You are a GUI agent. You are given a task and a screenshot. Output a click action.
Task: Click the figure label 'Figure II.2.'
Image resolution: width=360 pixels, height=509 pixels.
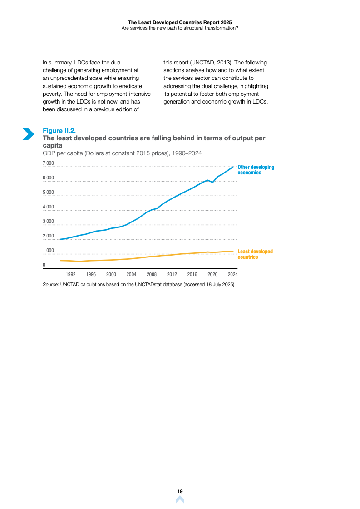tap(59, 131)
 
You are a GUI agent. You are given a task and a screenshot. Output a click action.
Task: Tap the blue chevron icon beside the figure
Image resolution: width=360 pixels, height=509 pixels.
tap(28, 134)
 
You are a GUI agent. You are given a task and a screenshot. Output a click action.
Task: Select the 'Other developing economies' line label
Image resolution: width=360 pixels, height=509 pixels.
tap(256, 170)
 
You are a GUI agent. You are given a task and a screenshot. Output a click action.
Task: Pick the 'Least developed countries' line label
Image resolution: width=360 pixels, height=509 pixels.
tap(255, 254)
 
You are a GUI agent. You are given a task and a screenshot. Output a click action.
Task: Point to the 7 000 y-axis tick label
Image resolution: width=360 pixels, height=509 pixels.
tap(48, 163)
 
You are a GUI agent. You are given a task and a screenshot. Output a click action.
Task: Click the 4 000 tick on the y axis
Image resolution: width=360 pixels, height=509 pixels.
tap(48, 207)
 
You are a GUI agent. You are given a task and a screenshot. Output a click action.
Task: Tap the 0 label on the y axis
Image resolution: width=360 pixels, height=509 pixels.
tap(44, 265)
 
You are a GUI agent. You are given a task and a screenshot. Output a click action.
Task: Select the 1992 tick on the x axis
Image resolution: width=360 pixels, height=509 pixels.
tap(70, 274)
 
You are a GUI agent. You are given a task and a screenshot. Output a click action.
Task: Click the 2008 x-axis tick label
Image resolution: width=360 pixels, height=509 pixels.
tap(152, 274)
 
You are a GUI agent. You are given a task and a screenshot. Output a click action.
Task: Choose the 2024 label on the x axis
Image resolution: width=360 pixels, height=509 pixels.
tap(232, 274)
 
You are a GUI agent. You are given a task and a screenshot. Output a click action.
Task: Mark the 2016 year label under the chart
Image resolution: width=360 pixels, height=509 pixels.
tap(192, 274)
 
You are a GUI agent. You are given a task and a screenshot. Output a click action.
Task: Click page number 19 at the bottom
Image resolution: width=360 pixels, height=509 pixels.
tap(180, 491)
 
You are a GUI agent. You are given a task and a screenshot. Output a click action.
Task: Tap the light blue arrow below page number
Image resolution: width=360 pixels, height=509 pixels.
tap(180, 499)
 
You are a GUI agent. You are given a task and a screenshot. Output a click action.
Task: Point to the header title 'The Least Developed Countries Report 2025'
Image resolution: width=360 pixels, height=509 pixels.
tap(180, 22)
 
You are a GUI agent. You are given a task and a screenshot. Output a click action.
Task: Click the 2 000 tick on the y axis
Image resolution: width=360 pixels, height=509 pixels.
tap(48, 236)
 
